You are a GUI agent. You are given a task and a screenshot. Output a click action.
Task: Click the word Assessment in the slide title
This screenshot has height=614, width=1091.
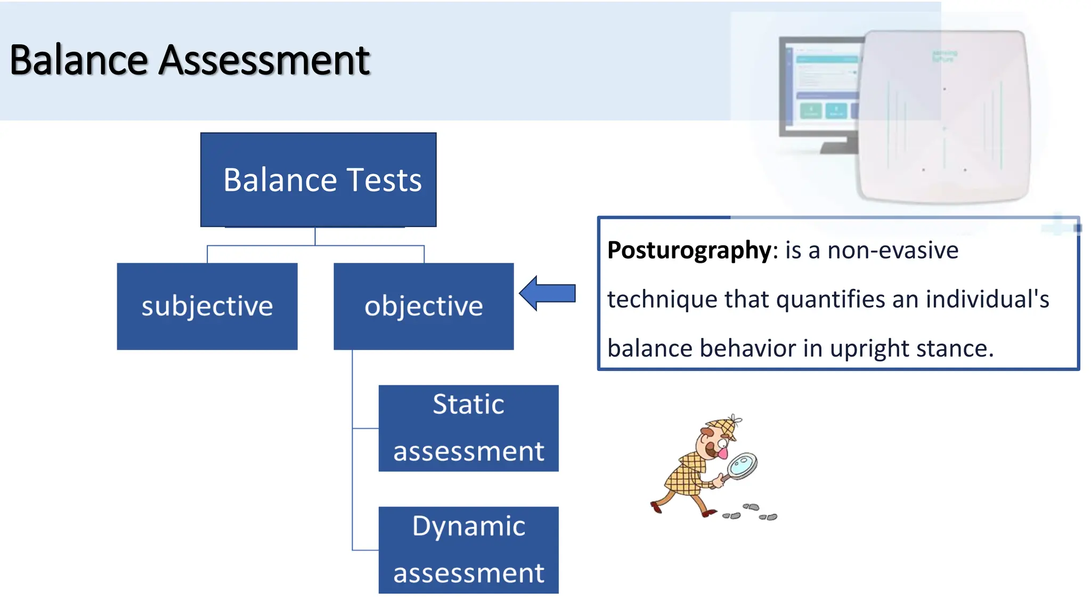(x=264, y=60)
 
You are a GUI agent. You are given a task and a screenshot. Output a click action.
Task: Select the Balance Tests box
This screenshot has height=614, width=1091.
(x=318, y=180)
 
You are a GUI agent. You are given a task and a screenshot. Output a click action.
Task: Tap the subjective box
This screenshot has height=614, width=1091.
(x=207, y=306)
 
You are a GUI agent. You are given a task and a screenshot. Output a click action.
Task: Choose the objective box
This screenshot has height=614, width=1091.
(x=424, y=306)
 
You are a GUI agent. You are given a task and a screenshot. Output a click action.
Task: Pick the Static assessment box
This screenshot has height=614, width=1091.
(x=468, y=428)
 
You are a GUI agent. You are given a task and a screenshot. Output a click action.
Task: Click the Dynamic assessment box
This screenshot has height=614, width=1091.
(x=468, y=550)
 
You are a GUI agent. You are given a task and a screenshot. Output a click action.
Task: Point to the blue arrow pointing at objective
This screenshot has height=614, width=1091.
(x=549, y=293)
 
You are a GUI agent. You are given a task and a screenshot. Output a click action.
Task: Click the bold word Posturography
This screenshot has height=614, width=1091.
(x=689, y=251)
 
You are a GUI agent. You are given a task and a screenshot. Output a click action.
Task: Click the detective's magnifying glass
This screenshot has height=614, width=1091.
(x=742, y=465)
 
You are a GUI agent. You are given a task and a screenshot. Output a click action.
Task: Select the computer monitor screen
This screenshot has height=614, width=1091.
(x=823, y=85)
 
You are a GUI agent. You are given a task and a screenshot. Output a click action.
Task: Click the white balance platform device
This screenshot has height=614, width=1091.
(x=943, y=117)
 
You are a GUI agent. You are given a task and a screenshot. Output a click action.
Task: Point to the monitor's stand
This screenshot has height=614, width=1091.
(x=839, y=146)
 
